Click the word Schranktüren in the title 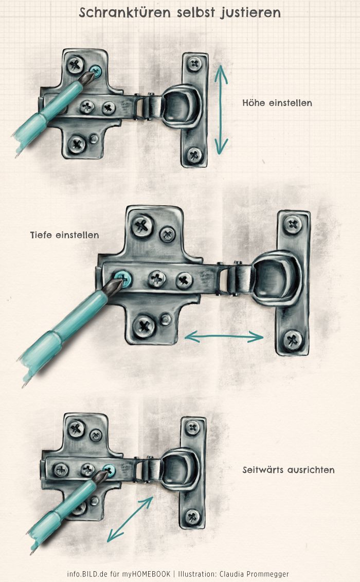click(x=124, y=13)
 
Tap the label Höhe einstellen click(x=277, y=103)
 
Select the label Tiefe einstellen click(x=65, y=235)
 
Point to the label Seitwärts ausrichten click(x=289, y=470)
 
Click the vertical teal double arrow click(x=221, y=110)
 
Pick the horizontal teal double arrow click(x=224, y=337)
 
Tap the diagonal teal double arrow click(x=130, y=519)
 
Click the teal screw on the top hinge click(x=96, y=71)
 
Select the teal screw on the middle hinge click(x=123, y=279)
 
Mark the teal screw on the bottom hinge click(x=109, y=471)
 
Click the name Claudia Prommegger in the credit click(x=254, y=574)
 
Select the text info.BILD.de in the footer click(x=87, y=574)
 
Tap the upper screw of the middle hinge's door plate click(x=293, y=225)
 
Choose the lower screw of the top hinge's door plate click(x=194, y=154)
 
